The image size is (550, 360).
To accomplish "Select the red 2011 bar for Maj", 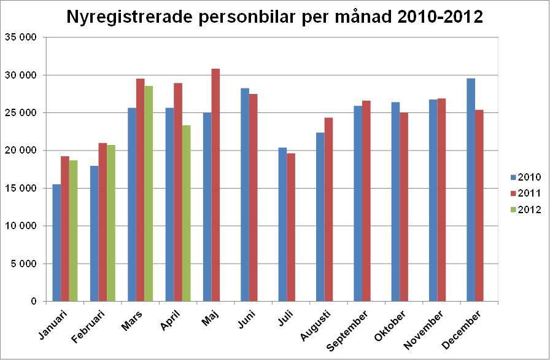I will (x=215, y=185).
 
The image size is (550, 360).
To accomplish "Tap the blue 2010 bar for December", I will (x=471, y=190).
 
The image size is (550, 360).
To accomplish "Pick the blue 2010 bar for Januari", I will (x=56, y=243).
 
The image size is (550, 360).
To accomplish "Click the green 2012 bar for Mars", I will (x=149, y=194).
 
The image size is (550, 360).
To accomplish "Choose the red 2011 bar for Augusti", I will (x=328, y=209).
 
